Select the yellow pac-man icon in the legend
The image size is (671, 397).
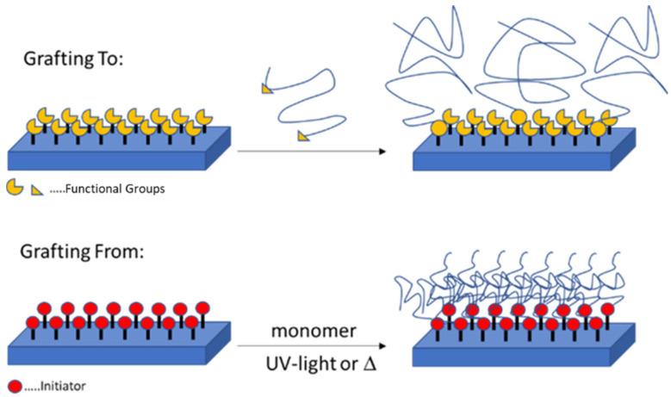click(15, 188)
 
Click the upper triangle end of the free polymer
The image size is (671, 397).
click(268, 87)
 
